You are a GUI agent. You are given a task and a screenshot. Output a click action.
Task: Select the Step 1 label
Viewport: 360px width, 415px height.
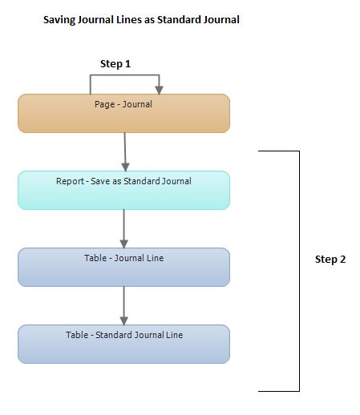click(115, 63)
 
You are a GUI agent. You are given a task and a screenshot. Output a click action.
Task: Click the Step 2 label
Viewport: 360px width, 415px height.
click(330, 259)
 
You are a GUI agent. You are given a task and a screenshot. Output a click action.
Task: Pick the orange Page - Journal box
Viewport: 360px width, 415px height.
click(123, 114)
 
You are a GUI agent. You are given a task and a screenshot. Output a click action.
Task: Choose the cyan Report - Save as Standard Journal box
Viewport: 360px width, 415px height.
click(123, 191)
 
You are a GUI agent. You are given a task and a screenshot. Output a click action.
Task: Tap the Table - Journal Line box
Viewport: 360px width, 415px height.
click(123, 268)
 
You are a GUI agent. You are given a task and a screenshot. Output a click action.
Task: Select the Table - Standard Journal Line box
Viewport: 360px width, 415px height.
click(123, 344)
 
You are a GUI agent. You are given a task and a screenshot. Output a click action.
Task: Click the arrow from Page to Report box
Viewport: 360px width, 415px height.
click(124, 151)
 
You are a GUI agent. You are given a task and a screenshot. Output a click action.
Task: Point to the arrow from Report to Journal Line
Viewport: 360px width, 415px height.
click(123, 228)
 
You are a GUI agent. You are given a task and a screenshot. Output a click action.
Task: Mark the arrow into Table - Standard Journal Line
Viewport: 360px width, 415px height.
click(123, 305)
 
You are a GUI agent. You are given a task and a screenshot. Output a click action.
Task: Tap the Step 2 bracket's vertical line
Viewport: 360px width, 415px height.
click(299, 271)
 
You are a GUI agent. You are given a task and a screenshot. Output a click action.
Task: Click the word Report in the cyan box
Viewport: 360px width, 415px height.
click(69, 181)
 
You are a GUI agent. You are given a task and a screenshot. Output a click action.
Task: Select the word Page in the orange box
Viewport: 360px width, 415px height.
click(104, 104)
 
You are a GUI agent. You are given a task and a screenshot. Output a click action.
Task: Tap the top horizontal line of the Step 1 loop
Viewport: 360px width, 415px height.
click(124, 76)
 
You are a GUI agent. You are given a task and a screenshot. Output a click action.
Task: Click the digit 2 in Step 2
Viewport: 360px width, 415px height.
click(342, 259)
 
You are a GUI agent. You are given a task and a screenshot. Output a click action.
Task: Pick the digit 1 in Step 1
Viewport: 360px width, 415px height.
click(127, 63)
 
